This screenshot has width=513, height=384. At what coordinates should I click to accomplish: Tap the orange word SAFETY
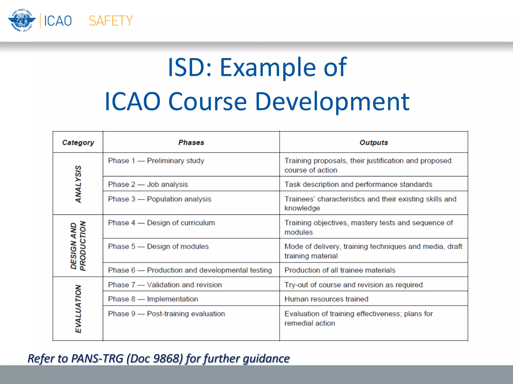click(x=110, y=21)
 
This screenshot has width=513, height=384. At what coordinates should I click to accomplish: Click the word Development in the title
click(x=332, y=101)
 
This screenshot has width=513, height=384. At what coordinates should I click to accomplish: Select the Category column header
click(x=78, y=142)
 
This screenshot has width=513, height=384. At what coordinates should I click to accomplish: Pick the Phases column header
click(x=191, y=142)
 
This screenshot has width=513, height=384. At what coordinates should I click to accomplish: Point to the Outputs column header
click(x=373, y=142)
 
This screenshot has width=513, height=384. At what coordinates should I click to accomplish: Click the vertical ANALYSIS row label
click(x=78, y=184)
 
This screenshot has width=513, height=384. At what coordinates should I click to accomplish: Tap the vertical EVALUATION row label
click(x=78, y=308)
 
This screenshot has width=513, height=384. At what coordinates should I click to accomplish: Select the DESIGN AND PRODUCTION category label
click(x=78, y=246)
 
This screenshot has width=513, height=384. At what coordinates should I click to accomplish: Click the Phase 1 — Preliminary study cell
click(x=156, y=161)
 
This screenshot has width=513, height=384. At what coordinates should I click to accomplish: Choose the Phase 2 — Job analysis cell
click(x=148, y=184)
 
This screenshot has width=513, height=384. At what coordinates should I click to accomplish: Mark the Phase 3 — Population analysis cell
click(x=160, y=199)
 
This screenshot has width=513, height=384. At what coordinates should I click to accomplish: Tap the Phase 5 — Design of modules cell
click(x=158, y=246)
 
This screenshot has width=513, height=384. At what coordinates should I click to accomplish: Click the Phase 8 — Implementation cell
click(x=153, y=299)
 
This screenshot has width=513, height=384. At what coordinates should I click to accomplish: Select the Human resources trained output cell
click(x=326, y=299)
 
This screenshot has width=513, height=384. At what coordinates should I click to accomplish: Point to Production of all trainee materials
click(x=340, y=270)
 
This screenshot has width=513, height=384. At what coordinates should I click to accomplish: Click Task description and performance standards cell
click(x=358, y=184)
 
